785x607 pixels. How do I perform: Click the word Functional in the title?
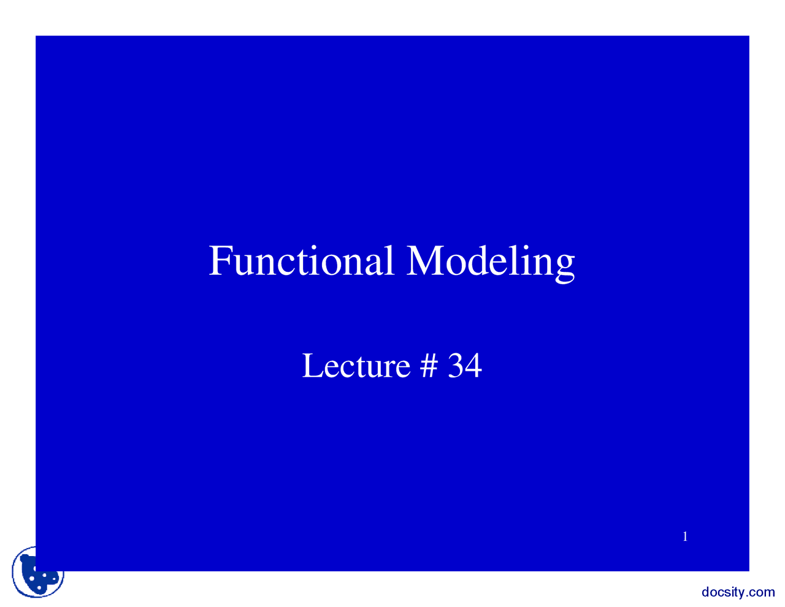click(301, 260)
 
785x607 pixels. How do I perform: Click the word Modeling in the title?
click(490, 260)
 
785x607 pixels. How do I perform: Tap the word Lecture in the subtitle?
click(356, 366)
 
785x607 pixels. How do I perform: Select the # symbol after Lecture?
click(429, 366)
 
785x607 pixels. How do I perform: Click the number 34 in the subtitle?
click(465, 366)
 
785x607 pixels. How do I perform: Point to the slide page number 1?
click(685, 537)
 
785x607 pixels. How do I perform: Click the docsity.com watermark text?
click(738, 592)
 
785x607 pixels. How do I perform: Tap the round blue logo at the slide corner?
click(38, 572)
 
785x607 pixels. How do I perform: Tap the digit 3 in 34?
click(456, 366)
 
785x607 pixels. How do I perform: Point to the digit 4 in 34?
click(473, 366)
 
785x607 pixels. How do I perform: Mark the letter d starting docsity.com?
click(705, 592)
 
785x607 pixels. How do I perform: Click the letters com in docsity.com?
click(762, 593)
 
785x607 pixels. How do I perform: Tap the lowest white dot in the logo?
click(39, 588)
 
